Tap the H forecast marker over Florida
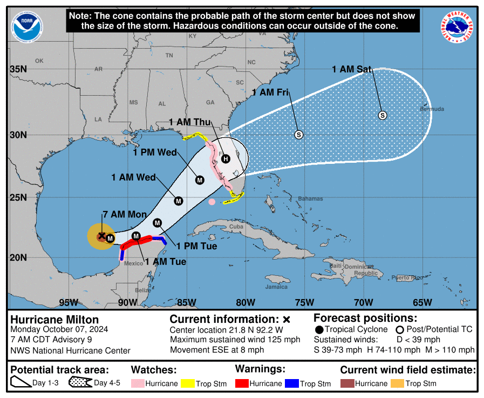226,158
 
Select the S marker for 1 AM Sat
383,115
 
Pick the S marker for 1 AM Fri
298,135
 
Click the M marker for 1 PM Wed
200,180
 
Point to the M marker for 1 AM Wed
179,201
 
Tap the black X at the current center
102,235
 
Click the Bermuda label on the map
432,109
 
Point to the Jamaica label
276,287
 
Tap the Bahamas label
310,198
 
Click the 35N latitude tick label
18,69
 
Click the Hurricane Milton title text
54,320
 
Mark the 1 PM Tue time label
197,247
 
